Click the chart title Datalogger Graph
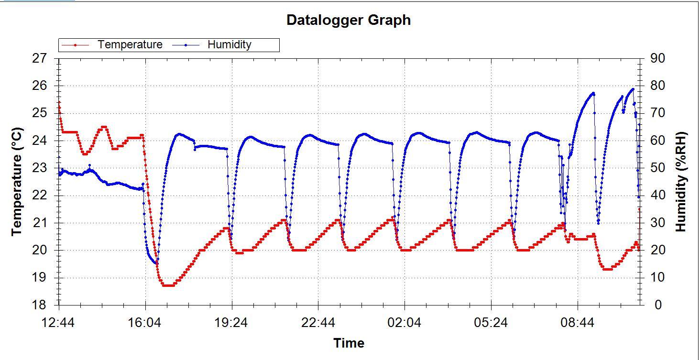point(348,20)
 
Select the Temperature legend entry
point(130,45)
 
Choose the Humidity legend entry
point(229,45)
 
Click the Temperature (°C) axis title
point(17,181)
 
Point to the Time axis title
point(349,343)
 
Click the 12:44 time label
point(59,323)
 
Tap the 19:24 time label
point(232,323)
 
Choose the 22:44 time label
point(318,323)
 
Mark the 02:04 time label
point(405,323)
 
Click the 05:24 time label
point(491,323)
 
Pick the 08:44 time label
point(578,323)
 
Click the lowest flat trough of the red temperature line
point(168,285)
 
